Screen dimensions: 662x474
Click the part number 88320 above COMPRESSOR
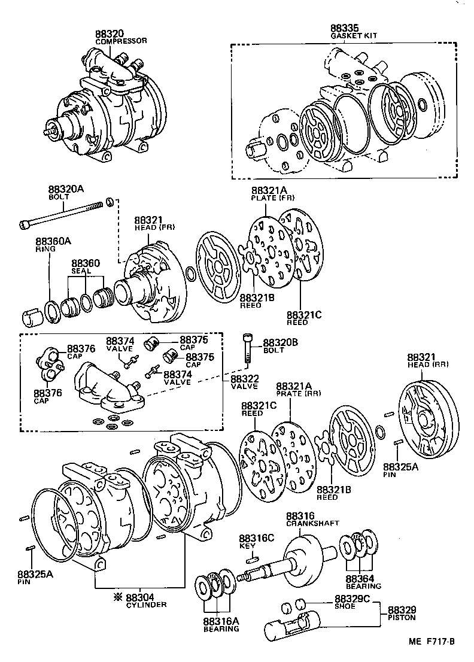(109, 34)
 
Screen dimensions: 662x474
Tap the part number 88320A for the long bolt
(66, 189)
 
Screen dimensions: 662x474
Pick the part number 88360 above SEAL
(86, 263)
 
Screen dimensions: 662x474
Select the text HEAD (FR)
(154, 227)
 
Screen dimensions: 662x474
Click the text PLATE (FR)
(272, 197)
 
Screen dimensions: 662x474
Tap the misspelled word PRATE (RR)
(297, 393)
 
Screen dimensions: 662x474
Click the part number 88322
(245, 378)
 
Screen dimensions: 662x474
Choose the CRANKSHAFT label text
(308, 523)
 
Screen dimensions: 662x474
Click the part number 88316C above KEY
(256, 538)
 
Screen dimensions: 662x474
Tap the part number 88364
(359, 579)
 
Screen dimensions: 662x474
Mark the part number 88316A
(221, 621)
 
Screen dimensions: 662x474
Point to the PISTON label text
(402, 617)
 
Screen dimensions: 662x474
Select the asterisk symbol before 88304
(118, 597)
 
